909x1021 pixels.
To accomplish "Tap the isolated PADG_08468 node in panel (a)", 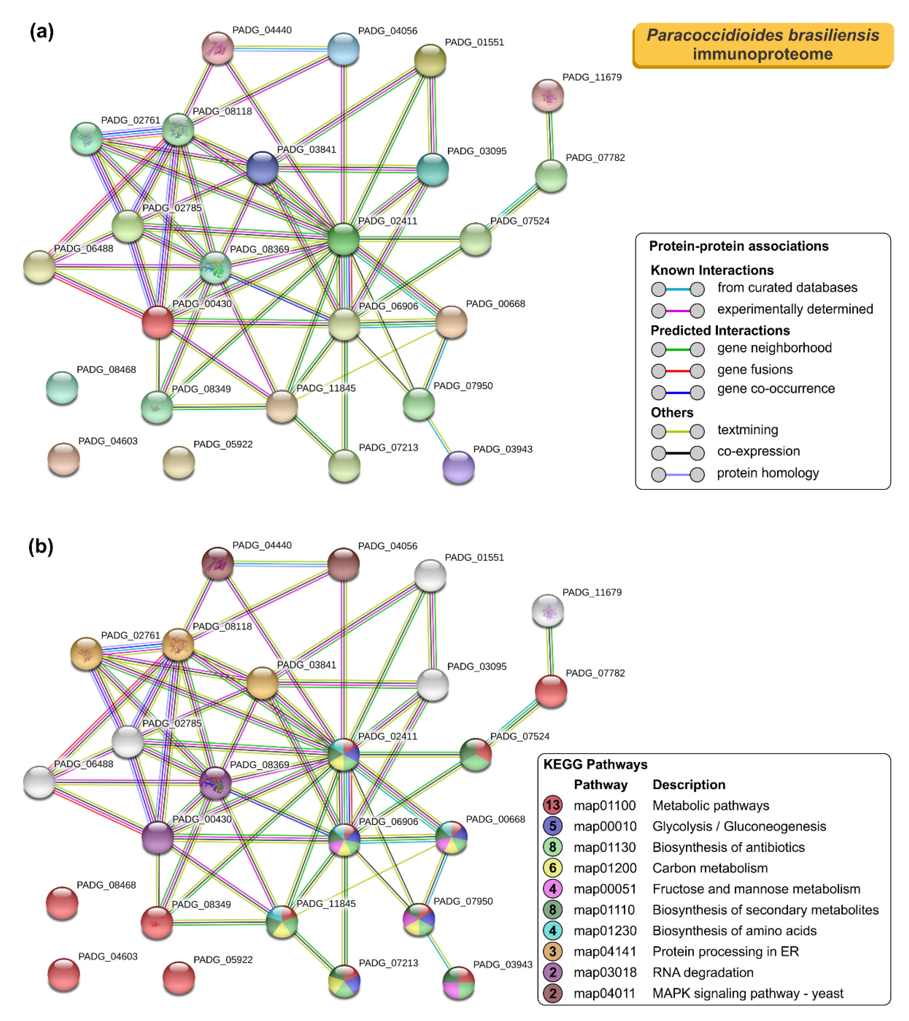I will click(x=62, y=387).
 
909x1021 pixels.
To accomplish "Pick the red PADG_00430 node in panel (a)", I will click(x=158, y=321).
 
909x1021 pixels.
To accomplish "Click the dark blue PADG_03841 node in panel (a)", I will click(x=262, y=167).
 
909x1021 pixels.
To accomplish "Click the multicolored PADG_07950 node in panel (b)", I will click(x=418, y=919).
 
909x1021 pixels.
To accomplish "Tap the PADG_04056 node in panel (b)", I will click(x=344, y=564).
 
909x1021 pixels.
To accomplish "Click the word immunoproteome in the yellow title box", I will click(x=763, y=54).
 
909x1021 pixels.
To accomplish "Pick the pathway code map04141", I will click(x=605, y=952).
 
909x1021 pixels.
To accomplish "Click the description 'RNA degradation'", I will click(x=703, y=972).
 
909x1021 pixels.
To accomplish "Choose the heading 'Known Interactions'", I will click(x=712, y=270).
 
